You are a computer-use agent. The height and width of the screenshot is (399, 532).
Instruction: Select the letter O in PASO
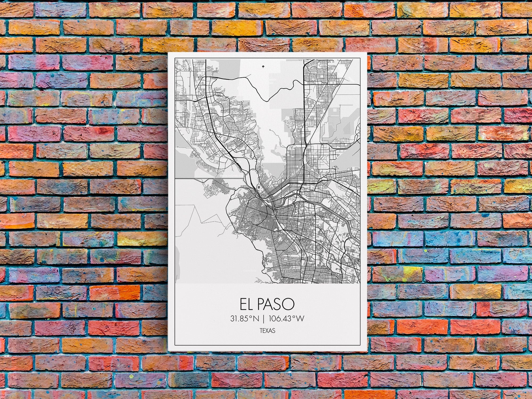(289, 304)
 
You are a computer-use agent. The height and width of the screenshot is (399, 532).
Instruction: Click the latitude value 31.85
(239, 318)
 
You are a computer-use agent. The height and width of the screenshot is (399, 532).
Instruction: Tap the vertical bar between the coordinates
(264, 318)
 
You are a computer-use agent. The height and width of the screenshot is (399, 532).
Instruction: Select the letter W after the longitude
(300, 318)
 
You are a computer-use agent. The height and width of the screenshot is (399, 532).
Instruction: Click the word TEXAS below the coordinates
(267, 331)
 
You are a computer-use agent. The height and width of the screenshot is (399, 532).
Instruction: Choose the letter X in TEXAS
(267, 331)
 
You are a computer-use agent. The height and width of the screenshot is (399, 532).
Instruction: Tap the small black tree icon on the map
(263, 67)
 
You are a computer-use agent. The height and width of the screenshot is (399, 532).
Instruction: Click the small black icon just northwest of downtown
(258, 188)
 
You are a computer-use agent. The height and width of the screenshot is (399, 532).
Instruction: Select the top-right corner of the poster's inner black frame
(360, 59)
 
